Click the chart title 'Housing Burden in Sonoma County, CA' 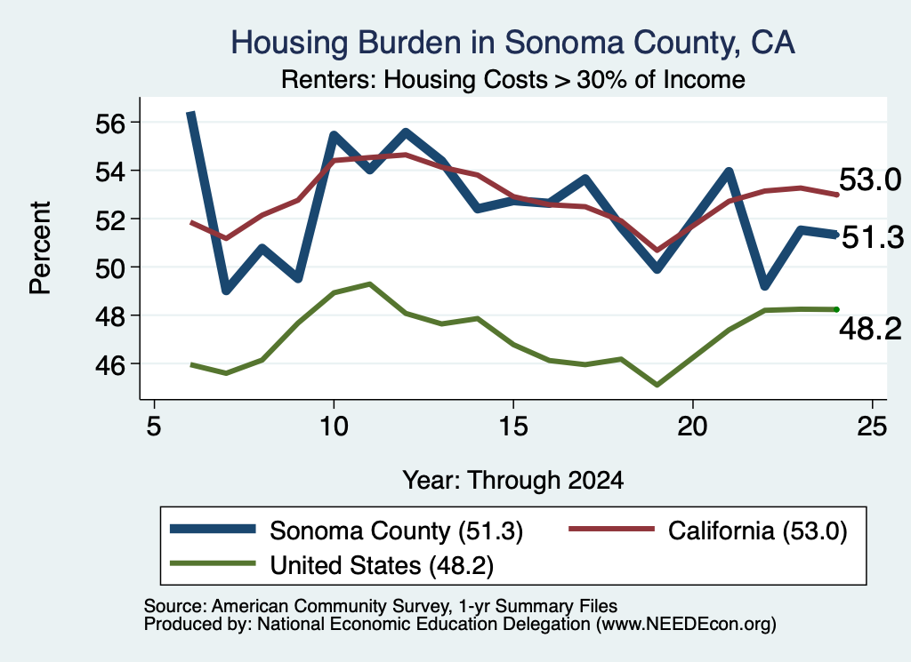[512, 43]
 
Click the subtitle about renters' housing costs [513, 79]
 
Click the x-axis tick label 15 [513, 427]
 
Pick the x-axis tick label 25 [872, 427]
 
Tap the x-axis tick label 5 [153, 427]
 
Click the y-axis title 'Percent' [40, 248]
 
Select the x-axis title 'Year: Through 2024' [513, 481]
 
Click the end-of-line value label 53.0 [870, 179]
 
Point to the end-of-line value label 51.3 [872, 237]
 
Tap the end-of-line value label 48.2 [870, 329]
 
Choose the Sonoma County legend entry [346, 530]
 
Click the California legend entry [707, 530]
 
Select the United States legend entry [331, 565]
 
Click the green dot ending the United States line [836, 309]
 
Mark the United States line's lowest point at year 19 [657, 385]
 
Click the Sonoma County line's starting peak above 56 [190, 113]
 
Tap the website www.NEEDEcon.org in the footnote [686, 625]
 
